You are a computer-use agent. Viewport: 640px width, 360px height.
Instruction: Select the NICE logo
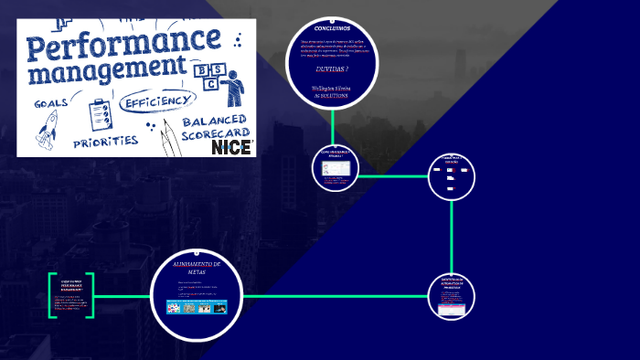pyautogui.click(x=231, y=146)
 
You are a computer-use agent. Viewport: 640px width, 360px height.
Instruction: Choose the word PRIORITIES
pyautogui.click(x=105, y=143)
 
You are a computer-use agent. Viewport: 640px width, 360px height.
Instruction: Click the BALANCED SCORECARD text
pyautogui.click(x=215, y=127)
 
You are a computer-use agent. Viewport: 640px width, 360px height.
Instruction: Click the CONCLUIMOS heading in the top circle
pyautogui.click(x=331, y=29)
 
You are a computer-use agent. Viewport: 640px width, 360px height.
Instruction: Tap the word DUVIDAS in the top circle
pyautogui.click(x=331, y=69)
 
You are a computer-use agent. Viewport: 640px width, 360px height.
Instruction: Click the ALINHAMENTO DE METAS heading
pyautogui.click(x=197, y=267)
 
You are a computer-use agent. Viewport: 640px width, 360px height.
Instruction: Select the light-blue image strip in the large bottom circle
pyautogui.click(x=197, y=308)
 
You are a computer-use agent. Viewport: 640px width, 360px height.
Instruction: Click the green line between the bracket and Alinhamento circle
pyautogui.click(x=123, y=295)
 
